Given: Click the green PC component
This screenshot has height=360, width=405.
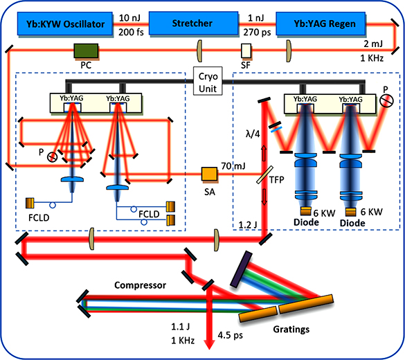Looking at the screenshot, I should click(85, 51).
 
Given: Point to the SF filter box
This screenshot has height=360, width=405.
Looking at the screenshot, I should click(246, 51).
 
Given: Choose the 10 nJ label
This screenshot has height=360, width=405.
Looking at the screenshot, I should click(129, 17).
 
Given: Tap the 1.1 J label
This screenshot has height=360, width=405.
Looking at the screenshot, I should click(176, 325).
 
